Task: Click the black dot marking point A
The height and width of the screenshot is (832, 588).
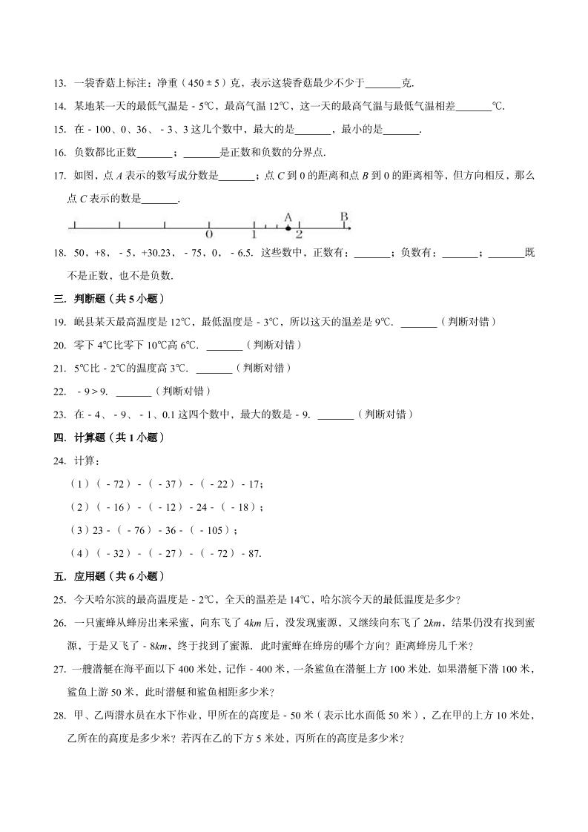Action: click(x=288, y=228)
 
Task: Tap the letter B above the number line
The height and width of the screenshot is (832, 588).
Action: click(x=344, y=217)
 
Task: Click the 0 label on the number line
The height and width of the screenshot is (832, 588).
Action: click(x=209, y=234)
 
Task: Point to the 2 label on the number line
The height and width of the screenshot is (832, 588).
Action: click(x=299, y=234)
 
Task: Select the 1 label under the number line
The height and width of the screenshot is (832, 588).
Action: click(x=254, y=234)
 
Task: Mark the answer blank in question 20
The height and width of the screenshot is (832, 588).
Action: click(x=224, y=345)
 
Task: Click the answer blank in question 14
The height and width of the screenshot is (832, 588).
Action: click(x=474, y=106)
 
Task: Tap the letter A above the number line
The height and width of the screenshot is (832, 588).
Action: click(x=288, y=217)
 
